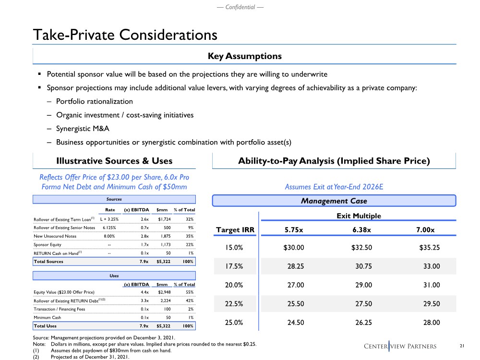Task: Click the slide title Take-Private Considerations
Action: (125, 35)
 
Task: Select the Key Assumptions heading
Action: (244, 56)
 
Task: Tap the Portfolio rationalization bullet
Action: (94, 102)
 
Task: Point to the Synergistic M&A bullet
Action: (82, 129)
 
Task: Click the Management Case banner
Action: (334, 201)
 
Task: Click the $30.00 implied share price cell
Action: (294, 248)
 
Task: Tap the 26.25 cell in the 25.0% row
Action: (361, 323)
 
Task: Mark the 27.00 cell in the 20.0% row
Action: (294, 285)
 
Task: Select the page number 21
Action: (462, 346)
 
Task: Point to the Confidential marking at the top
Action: (240, 7)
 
